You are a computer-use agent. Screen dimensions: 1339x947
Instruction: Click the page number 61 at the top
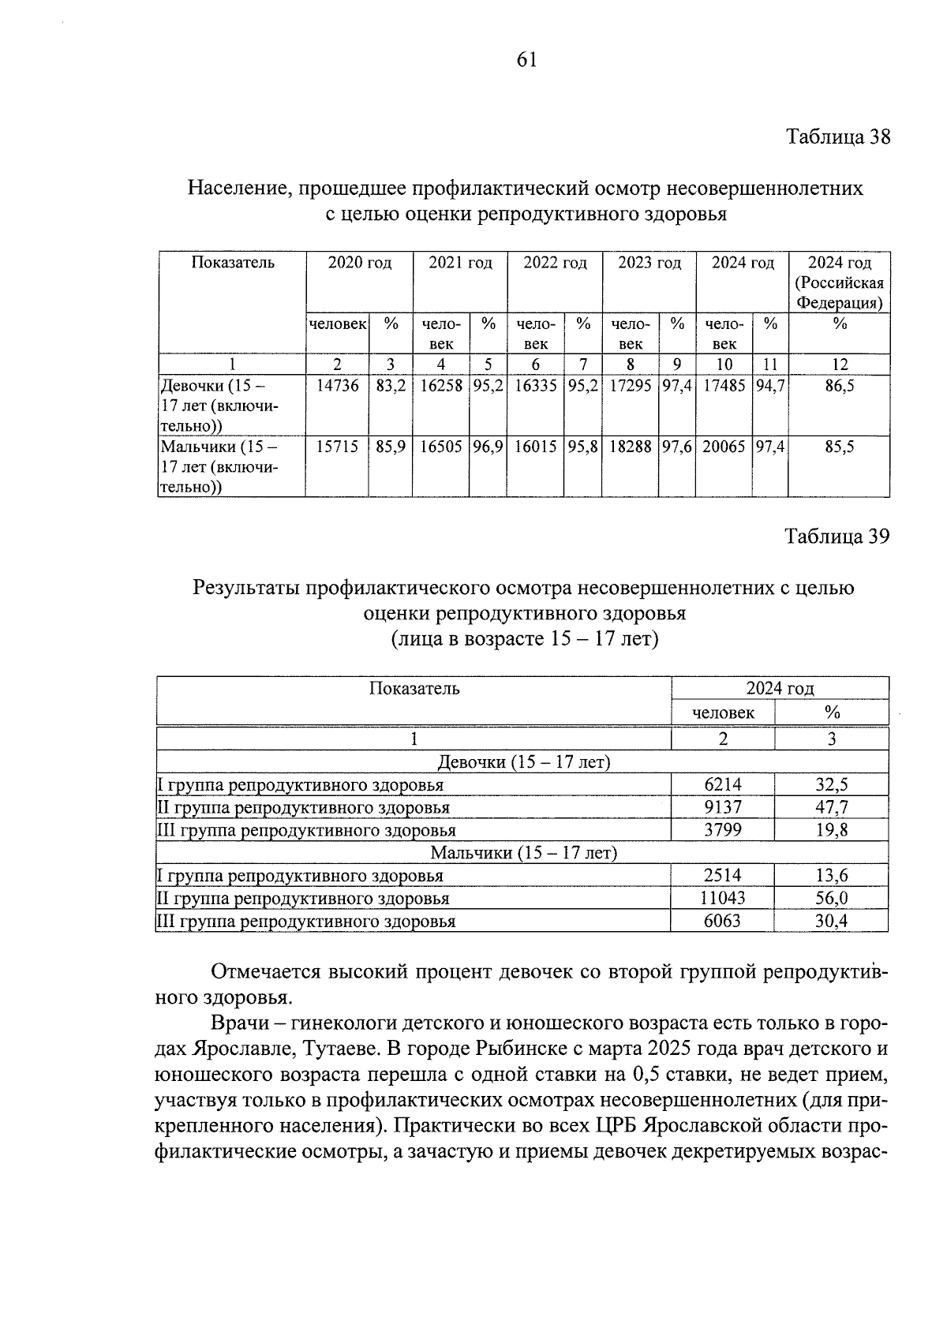pyautogui.click(x=526, y=60)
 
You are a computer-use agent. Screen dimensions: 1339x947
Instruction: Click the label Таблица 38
pyautogui.click(x=837, y=137)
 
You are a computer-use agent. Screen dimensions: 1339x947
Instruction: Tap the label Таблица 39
pyautogui.click(x=837, y=537)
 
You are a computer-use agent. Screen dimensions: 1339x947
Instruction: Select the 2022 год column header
pyautogui.click(x=555, y=264)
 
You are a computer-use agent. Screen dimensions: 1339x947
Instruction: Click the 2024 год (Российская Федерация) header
pyautogui.click(x=839, y=282)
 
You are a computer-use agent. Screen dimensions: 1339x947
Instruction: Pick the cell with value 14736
pyautogui.click(x=337, y=387)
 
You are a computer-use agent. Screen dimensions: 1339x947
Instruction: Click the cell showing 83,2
pyautogui.click(x=391, y=387)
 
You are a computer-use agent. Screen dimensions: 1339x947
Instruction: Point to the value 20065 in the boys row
pyautogui.click(x=724, y=447)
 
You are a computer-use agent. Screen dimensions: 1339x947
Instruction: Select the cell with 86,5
pyautogui.click(x=839, y=387)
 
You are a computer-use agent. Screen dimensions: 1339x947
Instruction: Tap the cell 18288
pyautogui.click(x=631, y=447)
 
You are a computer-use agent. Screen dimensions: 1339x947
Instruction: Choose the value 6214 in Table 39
pyautogui.click(x=723, y=785)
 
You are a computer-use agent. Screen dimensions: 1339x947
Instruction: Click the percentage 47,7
pyautogui.click(x=832, y=807)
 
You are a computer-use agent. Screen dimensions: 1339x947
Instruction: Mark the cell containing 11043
pyautogui.click(x=723, y=898)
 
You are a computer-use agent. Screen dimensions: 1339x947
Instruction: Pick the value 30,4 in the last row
pyautogui.click(x=832, y=921)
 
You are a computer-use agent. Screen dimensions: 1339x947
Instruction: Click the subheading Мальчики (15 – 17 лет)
pyautogui.click(x=523, y=853)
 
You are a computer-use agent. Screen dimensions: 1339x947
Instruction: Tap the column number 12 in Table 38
pyautogui.click(x=840, y=365)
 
